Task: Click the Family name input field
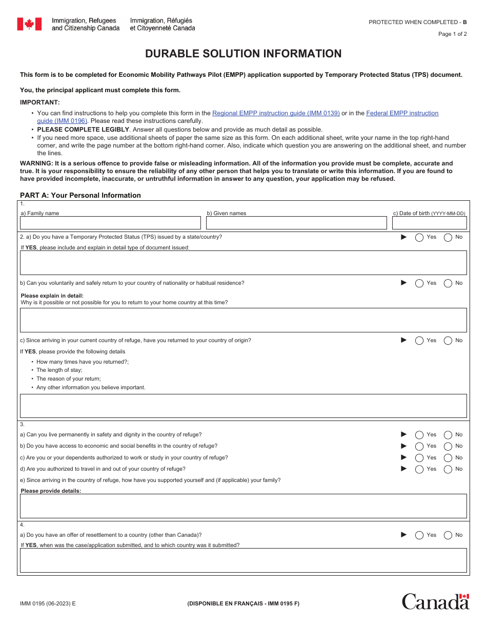click(110, 223)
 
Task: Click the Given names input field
click(296, 223)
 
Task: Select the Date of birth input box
click(430, 223)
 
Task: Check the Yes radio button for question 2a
click(419, 237)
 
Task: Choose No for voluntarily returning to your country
click(448, 283)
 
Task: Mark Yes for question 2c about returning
click(419, 341)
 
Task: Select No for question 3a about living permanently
click(448, 435)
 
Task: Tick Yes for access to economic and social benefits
click(419, 446)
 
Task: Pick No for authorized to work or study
click(448, 458)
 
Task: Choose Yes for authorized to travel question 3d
click(419, 469)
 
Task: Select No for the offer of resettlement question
click(448, 535)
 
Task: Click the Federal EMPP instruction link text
click(402, 113)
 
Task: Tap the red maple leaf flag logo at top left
click(29, 24)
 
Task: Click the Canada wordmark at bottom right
click(435, 601)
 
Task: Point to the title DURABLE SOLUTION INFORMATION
click(243, 54)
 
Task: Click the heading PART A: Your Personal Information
click(80, 195)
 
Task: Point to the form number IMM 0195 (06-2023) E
click(48, 603)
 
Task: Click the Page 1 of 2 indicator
click(452, 34)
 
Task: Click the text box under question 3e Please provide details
click(243, 506)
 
